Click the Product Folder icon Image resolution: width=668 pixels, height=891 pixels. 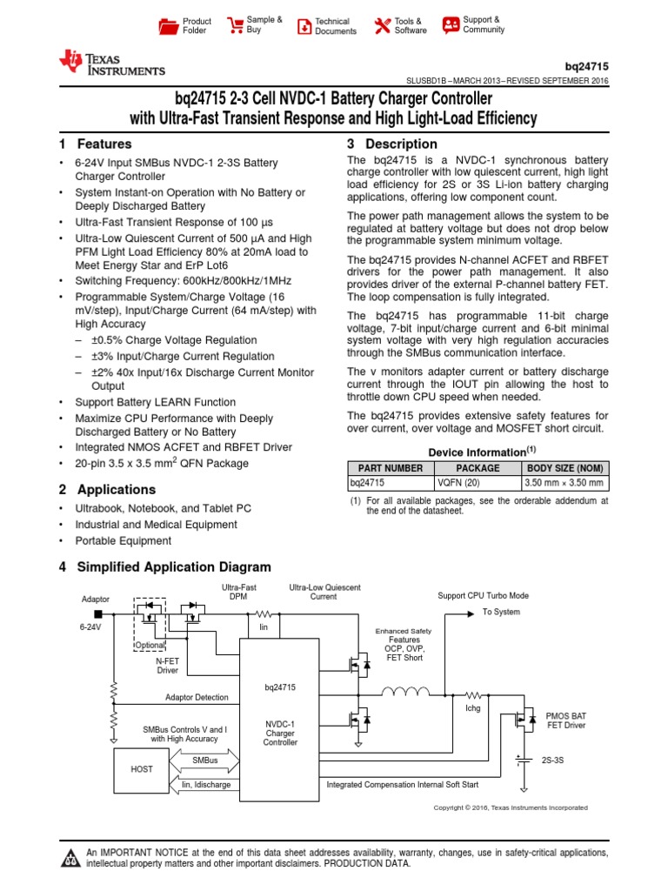(167, 26)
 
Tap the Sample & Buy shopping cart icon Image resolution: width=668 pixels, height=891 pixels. (235, 25)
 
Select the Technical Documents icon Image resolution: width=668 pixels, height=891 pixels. (304, 26)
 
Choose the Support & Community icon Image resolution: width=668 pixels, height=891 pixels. (451, 24)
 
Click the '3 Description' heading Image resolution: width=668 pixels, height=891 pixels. (391, 144)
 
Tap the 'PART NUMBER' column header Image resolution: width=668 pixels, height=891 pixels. (391, 468)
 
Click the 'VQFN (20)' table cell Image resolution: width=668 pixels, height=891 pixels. (478, 481)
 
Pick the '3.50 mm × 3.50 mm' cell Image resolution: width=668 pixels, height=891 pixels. (564, 481)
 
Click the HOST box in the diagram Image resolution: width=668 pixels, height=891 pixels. (142, 769)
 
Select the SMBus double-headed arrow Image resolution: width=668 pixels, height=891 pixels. (206, 760)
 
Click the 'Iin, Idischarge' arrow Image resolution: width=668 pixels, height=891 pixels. (205, 785)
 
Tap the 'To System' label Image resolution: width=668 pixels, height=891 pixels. (501, 612)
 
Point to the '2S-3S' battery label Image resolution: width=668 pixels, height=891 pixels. (553, 760)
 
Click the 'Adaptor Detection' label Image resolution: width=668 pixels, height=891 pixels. (197, 697)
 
